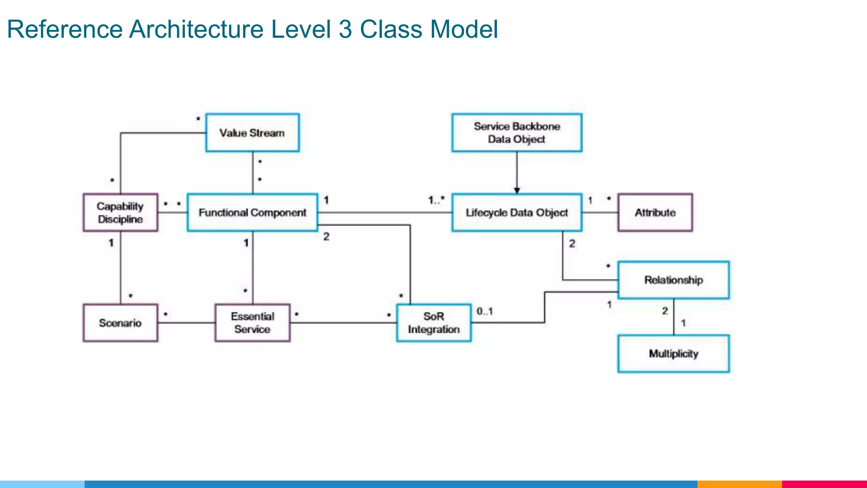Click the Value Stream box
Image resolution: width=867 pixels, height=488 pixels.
[x=252, y=133]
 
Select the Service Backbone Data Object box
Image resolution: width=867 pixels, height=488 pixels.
[x=516, y=133]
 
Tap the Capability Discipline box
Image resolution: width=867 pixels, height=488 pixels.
[x=120, y=213]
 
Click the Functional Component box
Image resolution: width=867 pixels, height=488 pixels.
[x=252, y=213]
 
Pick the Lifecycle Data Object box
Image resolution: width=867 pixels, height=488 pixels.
[x=516, y=213]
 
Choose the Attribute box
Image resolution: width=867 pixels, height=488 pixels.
[x=655, y=213]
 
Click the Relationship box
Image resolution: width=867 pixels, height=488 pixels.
[x=674, y=280]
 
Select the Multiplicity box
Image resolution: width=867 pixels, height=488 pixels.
[x=674, y=354]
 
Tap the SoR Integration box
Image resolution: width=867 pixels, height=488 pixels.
[x=433, y=323]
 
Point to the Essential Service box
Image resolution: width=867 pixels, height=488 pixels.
[x=252, y=323]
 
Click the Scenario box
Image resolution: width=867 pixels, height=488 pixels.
[x=120, y=323]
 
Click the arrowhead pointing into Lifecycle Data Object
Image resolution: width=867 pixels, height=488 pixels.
[x=516, y=191]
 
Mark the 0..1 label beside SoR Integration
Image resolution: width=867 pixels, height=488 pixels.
[x=485, y=311]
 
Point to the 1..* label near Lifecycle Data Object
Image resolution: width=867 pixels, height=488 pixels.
[x=436, y=200]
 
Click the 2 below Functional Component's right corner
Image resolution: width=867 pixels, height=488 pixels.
[x=326, y=236]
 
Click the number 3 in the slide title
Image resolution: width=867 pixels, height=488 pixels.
[x=345, y=29]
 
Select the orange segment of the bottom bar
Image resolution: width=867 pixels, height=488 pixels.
[x=739, y=484]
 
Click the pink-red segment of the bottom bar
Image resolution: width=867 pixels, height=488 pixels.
[x=824, y=484]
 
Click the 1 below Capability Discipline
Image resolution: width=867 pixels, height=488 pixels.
[x=111, y=243]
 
